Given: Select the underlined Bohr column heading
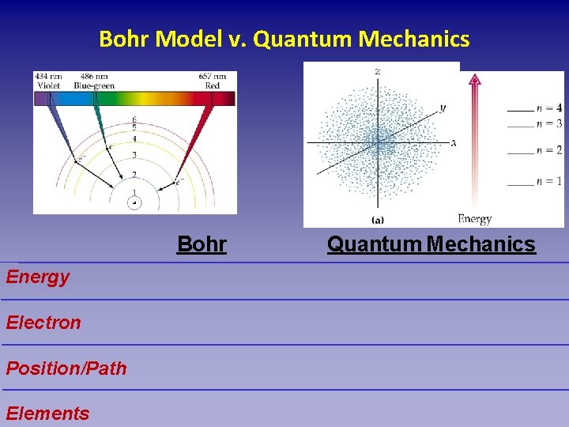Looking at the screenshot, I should (x=202, y=244).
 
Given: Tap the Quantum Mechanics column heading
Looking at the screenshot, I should (x=431, y=244).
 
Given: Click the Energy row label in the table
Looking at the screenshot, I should (x=37, y=277).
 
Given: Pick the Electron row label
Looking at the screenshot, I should (x=43, y=323).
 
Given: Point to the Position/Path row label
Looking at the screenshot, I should (x=66, y=368).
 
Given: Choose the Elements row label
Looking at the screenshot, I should (x=47, y=413).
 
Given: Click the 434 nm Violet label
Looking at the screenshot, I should (x=48, y=81).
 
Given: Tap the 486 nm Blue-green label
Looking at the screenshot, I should (x=93, y=81).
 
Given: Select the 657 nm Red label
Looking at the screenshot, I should (x=213, y=81).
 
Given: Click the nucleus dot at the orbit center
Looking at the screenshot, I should (x=134, y=203).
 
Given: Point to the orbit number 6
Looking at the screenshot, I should (x=134, y=120).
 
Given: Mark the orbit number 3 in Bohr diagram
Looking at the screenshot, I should (x=134, y=155).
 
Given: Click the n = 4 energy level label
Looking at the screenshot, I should (x=548, y=108).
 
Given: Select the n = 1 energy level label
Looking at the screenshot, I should (x=548, y=181).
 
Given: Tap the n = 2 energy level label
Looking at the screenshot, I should (x=548, y=149).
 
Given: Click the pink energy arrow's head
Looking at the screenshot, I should (x=474, y=78).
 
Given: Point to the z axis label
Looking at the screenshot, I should (x=378, y=71).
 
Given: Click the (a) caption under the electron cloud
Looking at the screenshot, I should (x=378, y=219).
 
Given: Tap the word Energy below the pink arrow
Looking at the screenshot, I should (x=474, y=219).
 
